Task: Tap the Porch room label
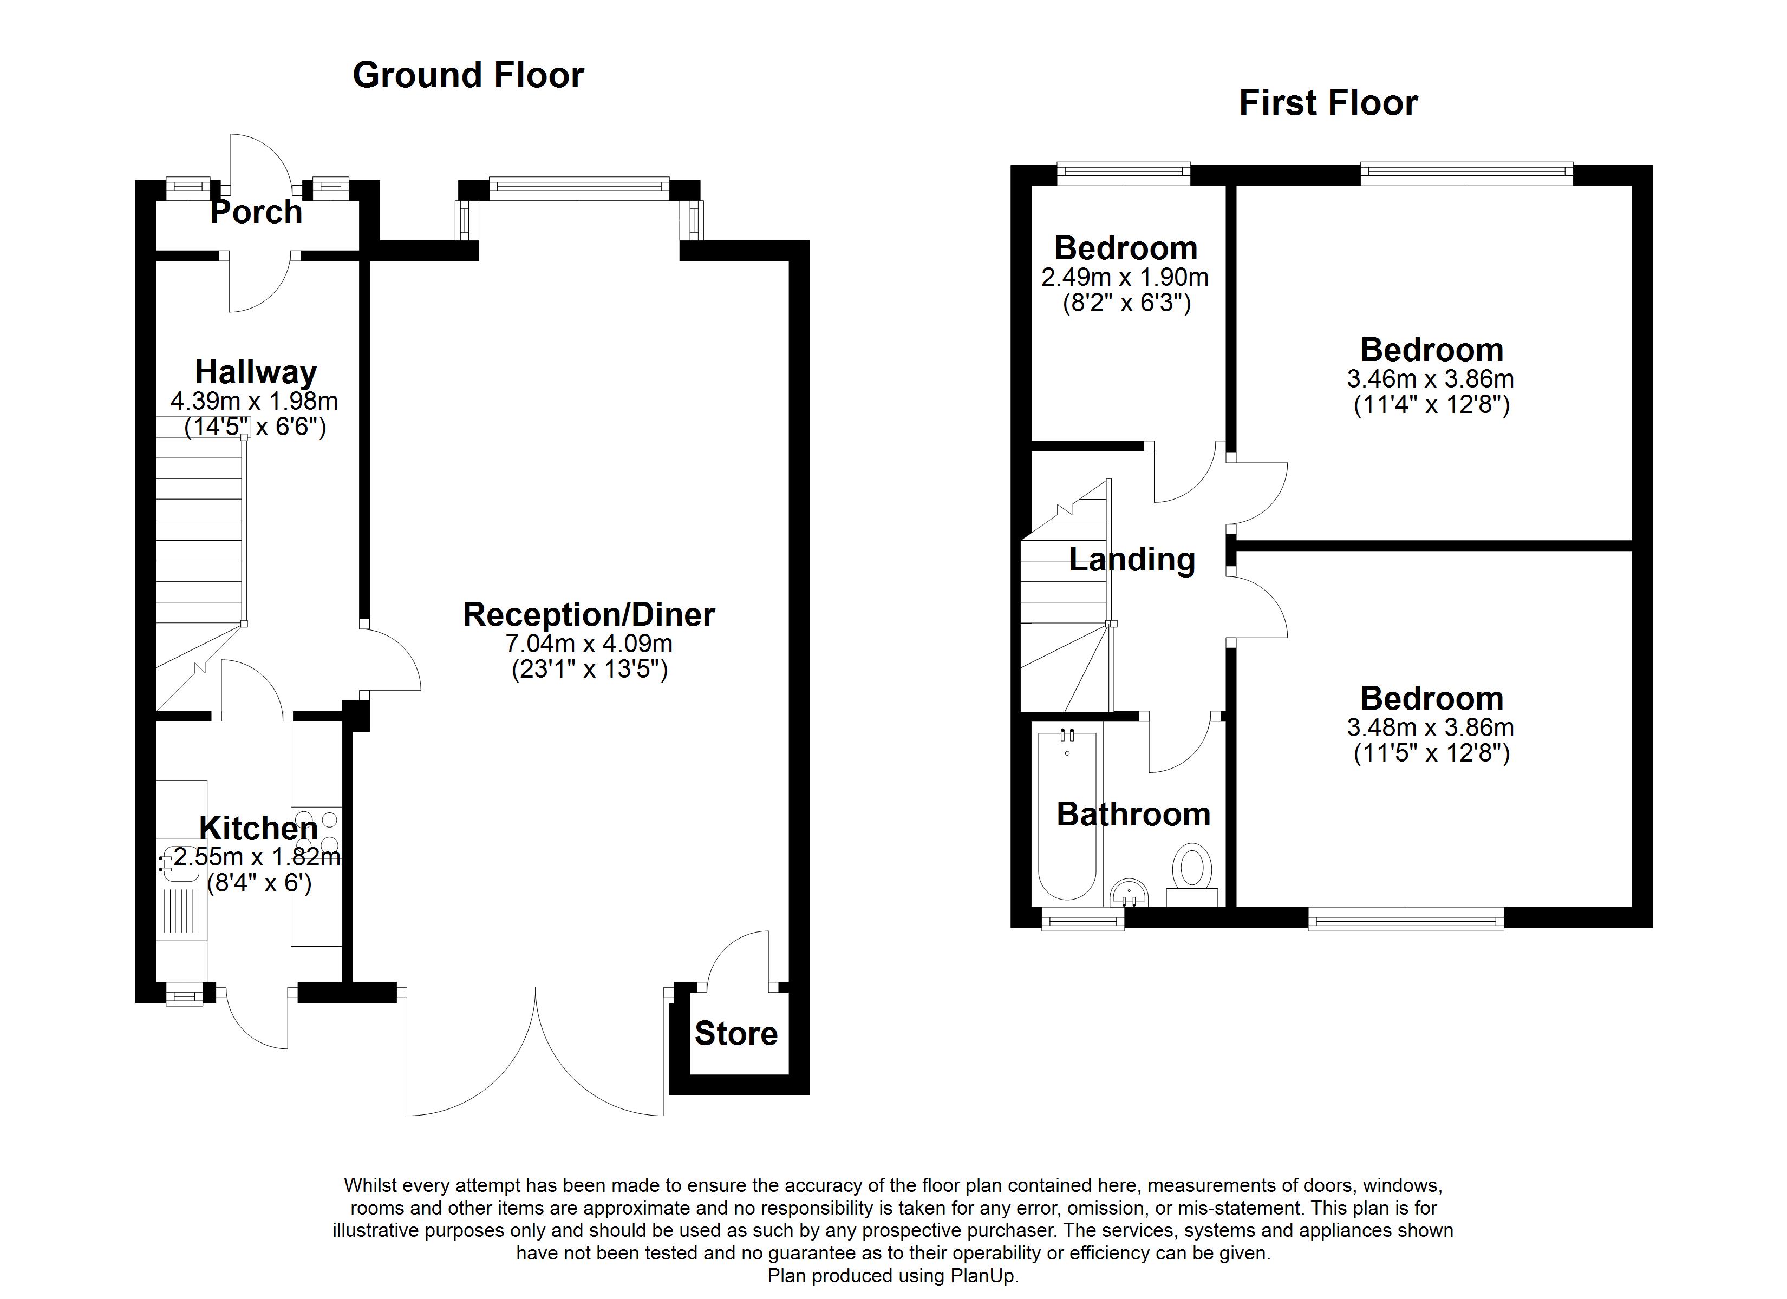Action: click(x=256, y=212)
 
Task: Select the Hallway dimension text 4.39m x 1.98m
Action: click(x=254, y=401)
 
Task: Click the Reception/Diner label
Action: click(x=589, y=614)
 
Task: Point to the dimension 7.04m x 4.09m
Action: click(x=589, y=644)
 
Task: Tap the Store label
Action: click(x=736, y=1034)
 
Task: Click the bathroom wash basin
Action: click(x=1129, y=894)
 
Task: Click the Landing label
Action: click(x=1131, y=560)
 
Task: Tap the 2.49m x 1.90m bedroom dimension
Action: click(x=1124, y=277)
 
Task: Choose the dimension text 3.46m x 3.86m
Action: click(x=1430, y=379)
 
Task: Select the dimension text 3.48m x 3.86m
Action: click(x=1430, y=727)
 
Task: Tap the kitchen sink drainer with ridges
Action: click(x=182, y=910)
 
